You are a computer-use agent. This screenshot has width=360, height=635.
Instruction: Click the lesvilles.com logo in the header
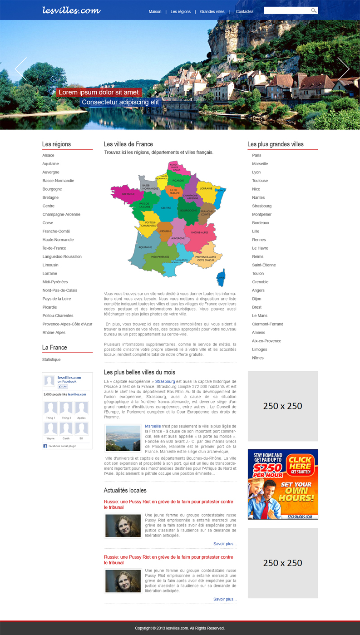pyautogui.click(x=71, y=10)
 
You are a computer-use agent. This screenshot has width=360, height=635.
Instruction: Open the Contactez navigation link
pyautogui.click(x=244, y=11)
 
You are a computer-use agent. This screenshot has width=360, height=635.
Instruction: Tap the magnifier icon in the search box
pyautogui.click(x=314, y=10)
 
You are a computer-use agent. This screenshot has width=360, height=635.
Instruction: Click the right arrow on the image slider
pyautogui.click(x=343, y=69)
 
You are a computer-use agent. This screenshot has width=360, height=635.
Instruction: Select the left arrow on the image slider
pyautogui.click(x=21, y=69)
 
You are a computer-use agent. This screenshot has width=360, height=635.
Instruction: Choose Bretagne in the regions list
pyautogui.click(x=50, y=197)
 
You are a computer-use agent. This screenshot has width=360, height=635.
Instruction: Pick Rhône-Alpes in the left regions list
pyautogui.click(x=54, y=332)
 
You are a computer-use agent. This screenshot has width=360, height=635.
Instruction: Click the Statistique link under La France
pyautogui.click(x=51, y=359)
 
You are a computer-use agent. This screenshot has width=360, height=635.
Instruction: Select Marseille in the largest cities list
pyautogui.click(x=260, y=164)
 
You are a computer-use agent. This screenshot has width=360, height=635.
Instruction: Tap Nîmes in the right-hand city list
pyautogui.click(x=258, y=358)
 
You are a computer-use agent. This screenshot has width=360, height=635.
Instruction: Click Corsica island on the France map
pyautogui.click(x=221, y=277)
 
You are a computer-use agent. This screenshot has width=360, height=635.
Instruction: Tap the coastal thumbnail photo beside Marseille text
pyautogui.click(x=123, y=438)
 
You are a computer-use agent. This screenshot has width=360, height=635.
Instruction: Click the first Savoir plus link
pyautogui.click(x=225, y=544)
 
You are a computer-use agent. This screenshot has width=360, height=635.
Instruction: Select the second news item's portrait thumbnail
pyautogui.click(x=123, y=581)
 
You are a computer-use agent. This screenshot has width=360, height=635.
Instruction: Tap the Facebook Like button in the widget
pyautogui.click(x=63, y=387)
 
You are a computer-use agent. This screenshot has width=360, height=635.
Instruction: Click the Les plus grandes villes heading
pyautogui.click(x=276, y=144)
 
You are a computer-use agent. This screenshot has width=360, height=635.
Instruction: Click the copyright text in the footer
pyautogui.click(x=180, y=628)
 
